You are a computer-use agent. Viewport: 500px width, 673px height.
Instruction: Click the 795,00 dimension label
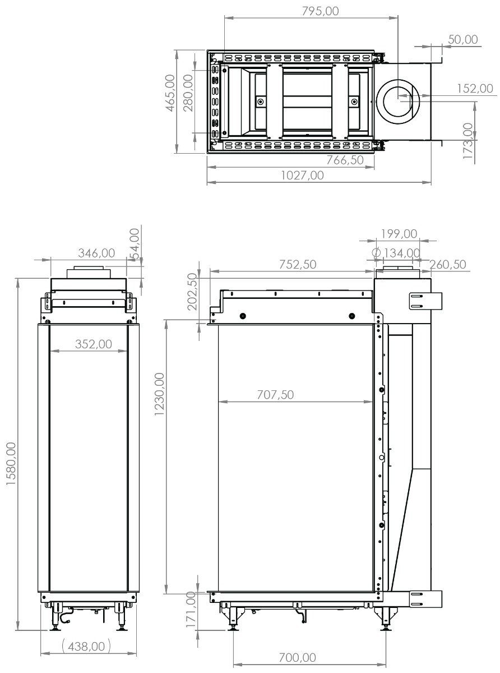[x=320, y=11]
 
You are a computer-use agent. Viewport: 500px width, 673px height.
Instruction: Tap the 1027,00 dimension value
[x=302, y=175]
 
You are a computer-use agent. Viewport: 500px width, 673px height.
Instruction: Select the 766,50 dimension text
[x=345, y=160]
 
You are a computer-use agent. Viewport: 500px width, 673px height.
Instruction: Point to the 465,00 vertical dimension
[x=170, y=93]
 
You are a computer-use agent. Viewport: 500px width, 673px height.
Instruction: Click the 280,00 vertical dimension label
[x=188, y=93]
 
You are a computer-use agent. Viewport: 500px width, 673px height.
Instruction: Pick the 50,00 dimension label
[x=462, y=39]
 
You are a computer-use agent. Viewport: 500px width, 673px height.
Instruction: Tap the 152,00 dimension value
[x=475, y=89]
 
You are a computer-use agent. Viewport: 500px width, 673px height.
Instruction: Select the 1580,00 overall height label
[x=11, y=464]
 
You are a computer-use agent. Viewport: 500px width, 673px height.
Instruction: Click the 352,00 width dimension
[x=94, y=344]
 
